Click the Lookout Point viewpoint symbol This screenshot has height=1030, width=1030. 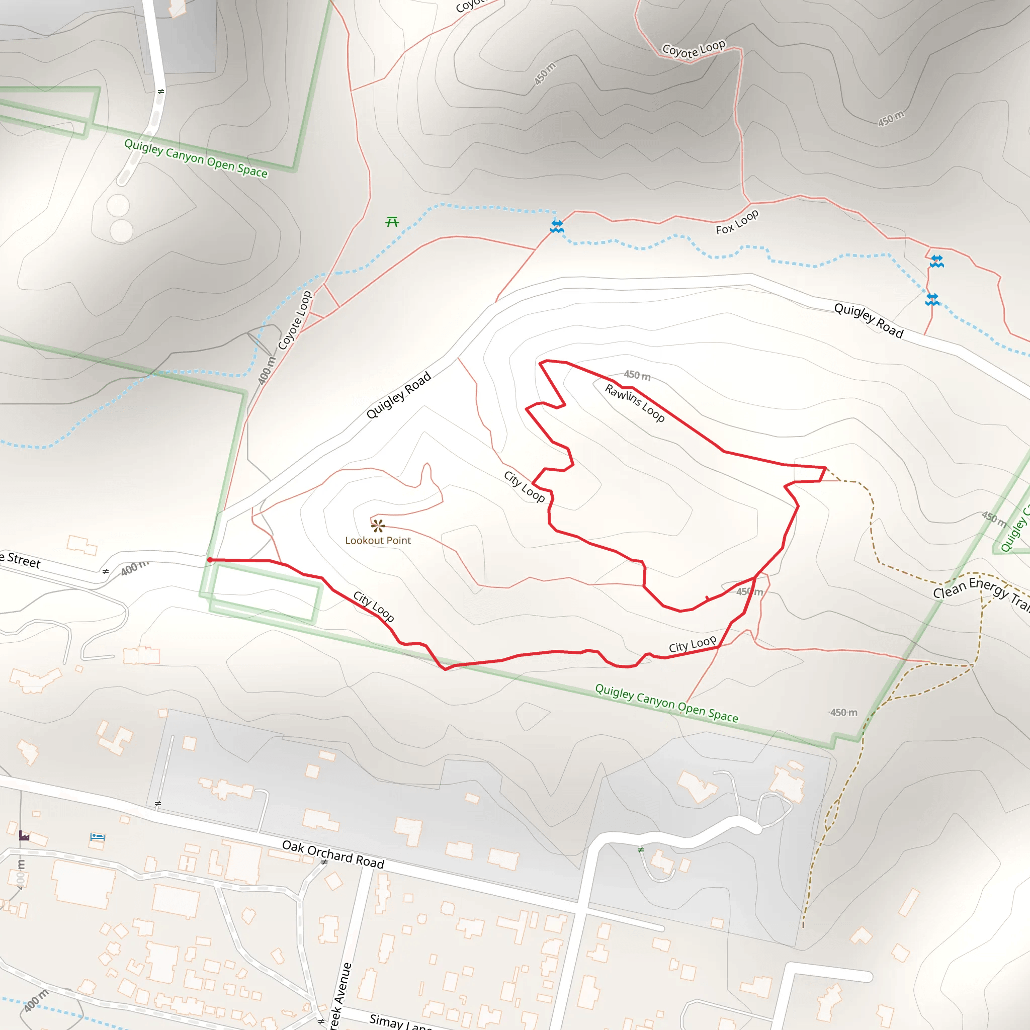pyautogui.click(x=378, y=526)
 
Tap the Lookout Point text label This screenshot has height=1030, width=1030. pyautogui.click(x=378, y=541)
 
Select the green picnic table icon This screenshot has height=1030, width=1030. pyautogui.click(x=392, y=221)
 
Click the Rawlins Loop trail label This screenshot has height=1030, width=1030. pyautogui.click(x=634, y=403)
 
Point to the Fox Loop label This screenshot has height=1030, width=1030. pyautogui.click(x=737, y=222)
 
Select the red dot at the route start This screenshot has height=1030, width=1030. pyautogui.click(x=210, y=560)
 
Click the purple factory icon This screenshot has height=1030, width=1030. pyautogui.click(x=24, y=835)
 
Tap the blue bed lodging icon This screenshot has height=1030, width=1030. pyautogui.click(x=97, y=836)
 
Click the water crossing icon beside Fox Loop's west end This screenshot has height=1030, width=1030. pyautogui.click(x=557, y=227)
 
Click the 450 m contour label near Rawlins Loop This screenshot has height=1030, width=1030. pyautogui.click(x=637, y=375)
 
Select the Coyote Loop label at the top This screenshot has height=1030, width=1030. pyautogui.click(x=693, y=48)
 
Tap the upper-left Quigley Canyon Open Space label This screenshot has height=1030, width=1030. pyautogui.click(x=196, y=158)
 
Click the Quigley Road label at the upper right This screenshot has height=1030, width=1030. pyautogui.click(x=869, y=320)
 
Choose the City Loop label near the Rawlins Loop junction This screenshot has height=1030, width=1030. pyautogui.click(x=524, y=486)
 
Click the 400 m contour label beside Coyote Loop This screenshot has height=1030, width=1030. pyautogui.click(x=267, y=370)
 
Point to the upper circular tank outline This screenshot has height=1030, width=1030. pyautogui.click(x=118, y=206)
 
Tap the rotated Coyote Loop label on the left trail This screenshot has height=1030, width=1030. pyautogui.click(x=295, y=320)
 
